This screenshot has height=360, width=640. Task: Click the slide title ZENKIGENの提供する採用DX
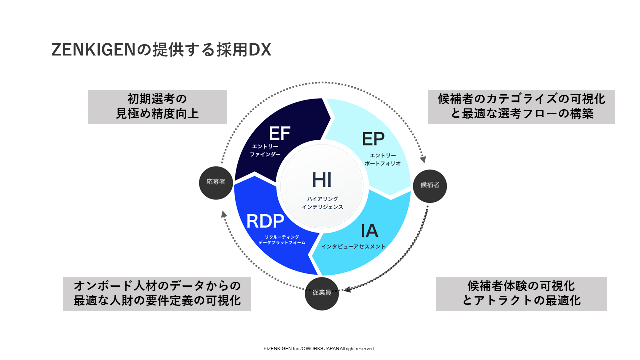point(161,50)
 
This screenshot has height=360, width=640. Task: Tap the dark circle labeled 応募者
point(216,182)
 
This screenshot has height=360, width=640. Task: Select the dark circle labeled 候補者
point(430,185)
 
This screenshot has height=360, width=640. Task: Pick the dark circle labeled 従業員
point(322,293)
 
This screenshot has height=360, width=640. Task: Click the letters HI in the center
point(322,180)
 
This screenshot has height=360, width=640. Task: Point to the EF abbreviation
point(279,134)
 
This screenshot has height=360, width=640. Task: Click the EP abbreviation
point(373,139)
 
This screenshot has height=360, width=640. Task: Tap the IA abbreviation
point(370,231)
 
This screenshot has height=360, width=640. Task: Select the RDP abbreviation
point(265,221)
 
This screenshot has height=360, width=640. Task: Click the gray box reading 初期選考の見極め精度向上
point(157,107)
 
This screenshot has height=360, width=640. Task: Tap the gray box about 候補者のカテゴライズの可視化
point(522,107)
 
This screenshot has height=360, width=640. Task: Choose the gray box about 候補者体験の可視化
point(522,294)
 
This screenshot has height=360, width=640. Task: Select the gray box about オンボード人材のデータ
point(157,294)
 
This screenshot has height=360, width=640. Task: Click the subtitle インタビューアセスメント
point(353,247)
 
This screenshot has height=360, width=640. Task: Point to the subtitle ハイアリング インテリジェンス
point(322,203)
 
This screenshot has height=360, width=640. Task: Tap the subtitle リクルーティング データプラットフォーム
point(282,240)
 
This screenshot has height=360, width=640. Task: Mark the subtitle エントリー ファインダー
point(265,150)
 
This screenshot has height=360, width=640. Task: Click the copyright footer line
point(320,348)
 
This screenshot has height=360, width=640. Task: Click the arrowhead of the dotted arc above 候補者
point(423,160)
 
